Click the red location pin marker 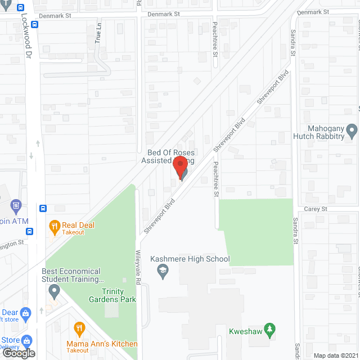point(179,168)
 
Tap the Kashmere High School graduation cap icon point(163,272)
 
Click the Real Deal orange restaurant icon point(55,227)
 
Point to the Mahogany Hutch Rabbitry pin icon point(352,132)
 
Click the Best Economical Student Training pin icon point(54,291)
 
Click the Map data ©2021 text point(335,355)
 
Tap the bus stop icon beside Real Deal point(43,208)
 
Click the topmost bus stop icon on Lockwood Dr point(21,8)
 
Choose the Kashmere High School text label point(190,259)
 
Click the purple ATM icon point(16,205)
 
